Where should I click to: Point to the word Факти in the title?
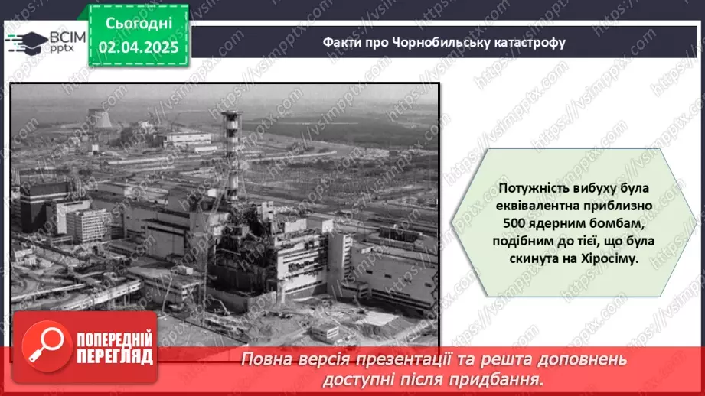[339, 42]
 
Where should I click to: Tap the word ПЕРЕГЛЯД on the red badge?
[113, 356]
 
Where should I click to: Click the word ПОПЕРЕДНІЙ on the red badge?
[113, 339]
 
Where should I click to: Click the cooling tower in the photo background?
[100, 119]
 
